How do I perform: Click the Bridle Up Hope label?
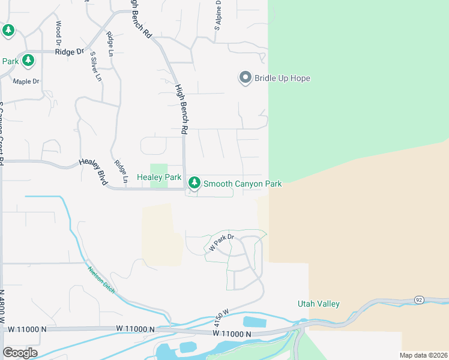click(x=282, y=78)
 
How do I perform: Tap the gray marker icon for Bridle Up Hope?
click(x=245, y=77)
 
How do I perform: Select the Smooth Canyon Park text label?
click(x=243, y=184)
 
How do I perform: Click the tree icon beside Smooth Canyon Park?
click(x=194, y=183)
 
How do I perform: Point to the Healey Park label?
click(x=159, y=178)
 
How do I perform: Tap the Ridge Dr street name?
click(x=69, y=52)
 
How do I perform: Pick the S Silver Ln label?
click(x=95, y=67)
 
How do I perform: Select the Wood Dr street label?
click(x=59, y=33)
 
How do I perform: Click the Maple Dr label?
click(x=26, y=81)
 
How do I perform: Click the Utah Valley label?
click(x=319, y=304)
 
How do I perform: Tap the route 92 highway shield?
click(x=418, y=299)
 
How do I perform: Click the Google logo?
click(x=20, y=352)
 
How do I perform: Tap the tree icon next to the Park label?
click(x=28, y=61)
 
